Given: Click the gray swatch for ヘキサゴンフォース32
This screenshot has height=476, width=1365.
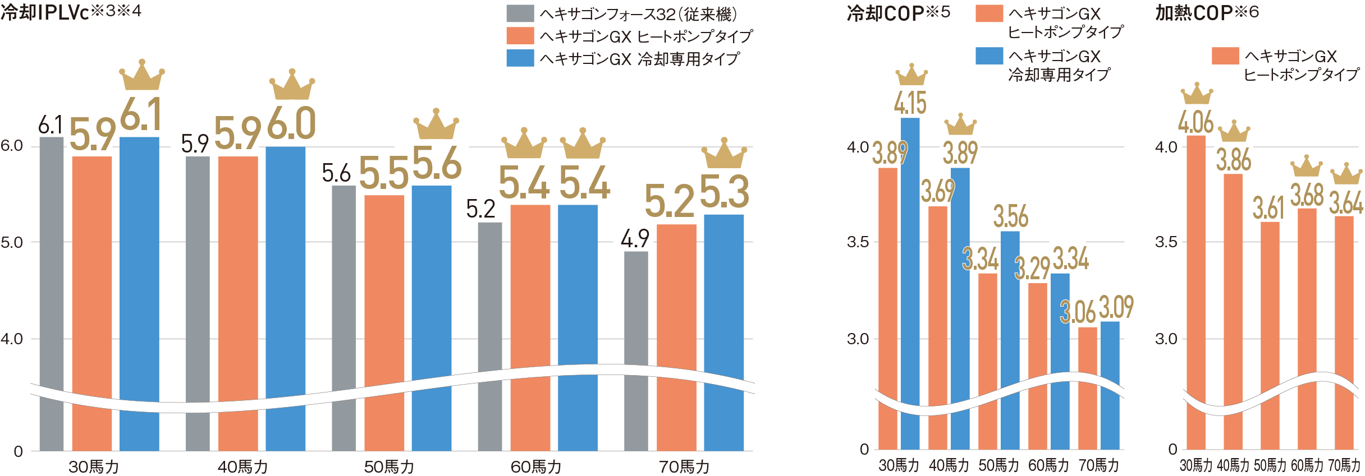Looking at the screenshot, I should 520,13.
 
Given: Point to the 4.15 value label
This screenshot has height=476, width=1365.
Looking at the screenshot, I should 910,103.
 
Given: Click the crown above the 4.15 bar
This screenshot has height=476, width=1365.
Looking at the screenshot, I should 911,75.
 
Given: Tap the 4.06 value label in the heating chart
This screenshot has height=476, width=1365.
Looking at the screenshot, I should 1195,122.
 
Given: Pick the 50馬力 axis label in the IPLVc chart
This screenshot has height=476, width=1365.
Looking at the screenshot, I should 389,466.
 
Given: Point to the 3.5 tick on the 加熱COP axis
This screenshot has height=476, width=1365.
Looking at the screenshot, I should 1166,242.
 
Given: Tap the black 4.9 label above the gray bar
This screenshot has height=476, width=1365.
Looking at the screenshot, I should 635,239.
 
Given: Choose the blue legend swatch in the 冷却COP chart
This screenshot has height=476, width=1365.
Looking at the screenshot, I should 989,56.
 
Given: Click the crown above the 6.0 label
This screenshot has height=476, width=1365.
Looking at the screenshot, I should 291,86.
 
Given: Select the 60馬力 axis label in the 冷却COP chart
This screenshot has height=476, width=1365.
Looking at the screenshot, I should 1048,465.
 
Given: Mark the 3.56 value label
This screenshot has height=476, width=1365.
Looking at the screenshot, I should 1010,216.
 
